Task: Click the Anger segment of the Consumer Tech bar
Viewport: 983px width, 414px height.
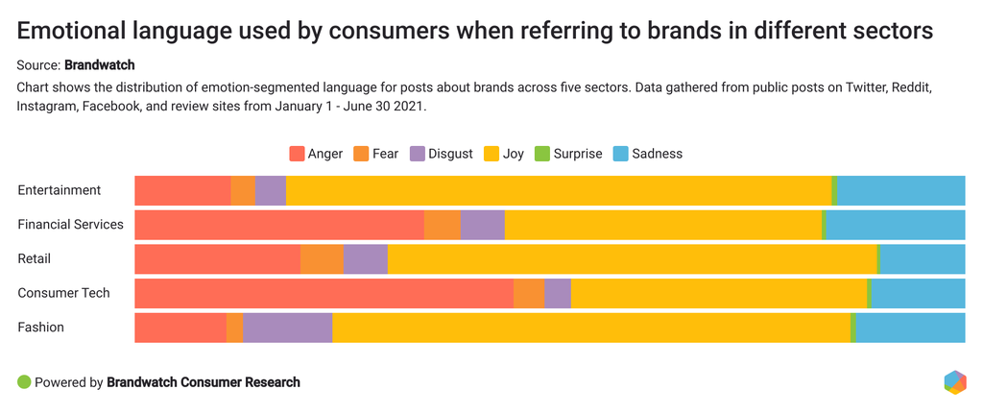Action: coord(324,293)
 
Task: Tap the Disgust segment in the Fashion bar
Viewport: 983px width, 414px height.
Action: coord(288,328)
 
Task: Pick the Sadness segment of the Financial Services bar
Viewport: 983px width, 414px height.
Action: coord(896,225)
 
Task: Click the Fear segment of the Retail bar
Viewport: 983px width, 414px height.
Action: coord(322,259)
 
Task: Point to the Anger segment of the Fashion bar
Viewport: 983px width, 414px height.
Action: coord(180,328)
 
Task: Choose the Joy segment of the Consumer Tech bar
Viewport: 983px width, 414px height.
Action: coord(719,293)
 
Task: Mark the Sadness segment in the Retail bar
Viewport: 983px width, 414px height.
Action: coord(923,259)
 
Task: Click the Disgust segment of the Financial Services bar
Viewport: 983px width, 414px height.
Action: coord(482,225)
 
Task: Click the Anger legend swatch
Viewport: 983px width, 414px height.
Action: coord(297,154)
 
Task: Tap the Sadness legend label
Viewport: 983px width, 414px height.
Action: coord(657,154)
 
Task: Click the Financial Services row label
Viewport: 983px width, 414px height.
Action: coord(70,225)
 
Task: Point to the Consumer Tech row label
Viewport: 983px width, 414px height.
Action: coord(63,293)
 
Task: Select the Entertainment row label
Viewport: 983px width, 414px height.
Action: coord(59,190)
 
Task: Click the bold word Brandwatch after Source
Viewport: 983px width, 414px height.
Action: coord(100,65)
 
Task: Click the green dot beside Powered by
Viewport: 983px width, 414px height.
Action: coord(24,381)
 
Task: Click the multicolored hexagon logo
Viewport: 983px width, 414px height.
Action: coord(955,381)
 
